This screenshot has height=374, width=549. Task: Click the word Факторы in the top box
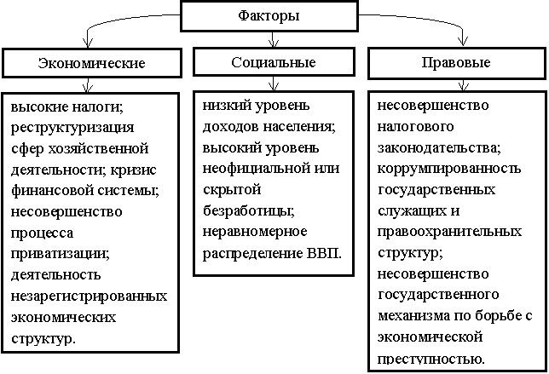269,16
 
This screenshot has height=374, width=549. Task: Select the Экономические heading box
92,63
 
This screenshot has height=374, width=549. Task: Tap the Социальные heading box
274,62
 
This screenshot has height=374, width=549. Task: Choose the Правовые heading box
457,63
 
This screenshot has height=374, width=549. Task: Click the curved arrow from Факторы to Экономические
116,20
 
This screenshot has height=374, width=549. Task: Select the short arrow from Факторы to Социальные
273,39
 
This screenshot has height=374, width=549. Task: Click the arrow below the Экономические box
88,85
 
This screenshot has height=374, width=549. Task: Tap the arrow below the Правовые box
463,85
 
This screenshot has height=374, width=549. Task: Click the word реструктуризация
72,128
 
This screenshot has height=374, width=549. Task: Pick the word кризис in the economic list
133,170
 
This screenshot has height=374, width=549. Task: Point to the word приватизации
61,254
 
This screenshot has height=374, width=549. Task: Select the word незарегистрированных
89,296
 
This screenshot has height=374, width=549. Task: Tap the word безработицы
249,211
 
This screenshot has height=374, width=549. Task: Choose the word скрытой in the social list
232,190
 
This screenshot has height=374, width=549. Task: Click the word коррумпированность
449,169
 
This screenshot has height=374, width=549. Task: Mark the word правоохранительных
449,232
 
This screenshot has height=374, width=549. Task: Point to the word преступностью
431,360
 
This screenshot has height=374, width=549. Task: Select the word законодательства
439,148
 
